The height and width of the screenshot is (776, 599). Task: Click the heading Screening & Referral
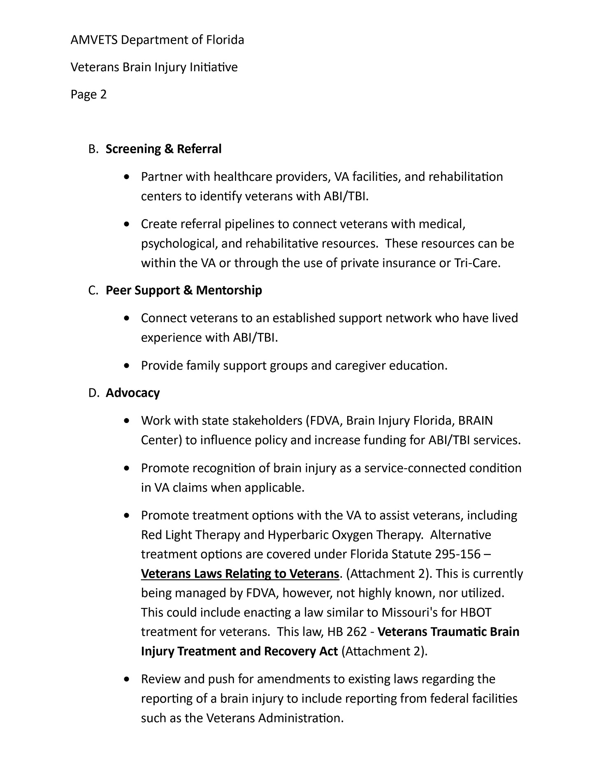[x=163, y=149]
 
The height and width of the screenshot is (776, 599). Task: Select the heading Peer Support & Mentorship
[x=183, y=290]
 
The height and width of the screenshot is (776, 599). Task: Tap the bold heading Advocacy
[x=132, y=393]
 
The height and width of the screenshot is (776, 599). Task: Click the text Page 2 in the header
[x=88, y=95]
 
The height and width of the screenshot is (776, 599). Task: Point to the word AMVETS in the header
[x=93, y=40]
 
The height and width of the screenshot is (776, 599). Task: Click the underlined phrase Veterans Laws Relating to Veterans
[x=240, y=574]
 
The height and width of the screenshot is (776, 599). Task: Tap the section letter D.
[x=93, y=393]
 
